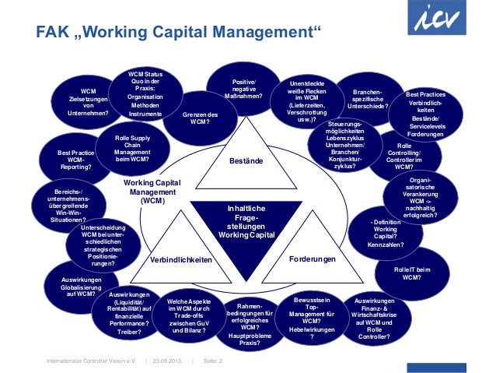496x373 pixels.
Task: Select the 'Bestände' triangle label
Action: tap(246, 161)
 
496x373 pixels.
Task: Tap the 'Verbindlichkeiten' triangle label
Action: tap(181, 260)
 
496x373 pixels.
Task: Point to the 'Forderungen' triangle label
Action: tap(312, 259)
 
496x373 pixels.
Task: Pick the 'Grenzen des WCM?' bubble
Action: tap(200, 119)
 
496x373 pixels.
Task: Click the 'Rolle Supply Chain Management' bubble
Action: tap(132, 148)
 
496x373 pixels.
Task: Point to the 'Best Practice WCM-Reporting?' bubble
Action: tap(76, 159)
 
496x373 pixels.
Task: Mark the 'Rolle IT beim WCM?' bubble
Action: tap(412, 273)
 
